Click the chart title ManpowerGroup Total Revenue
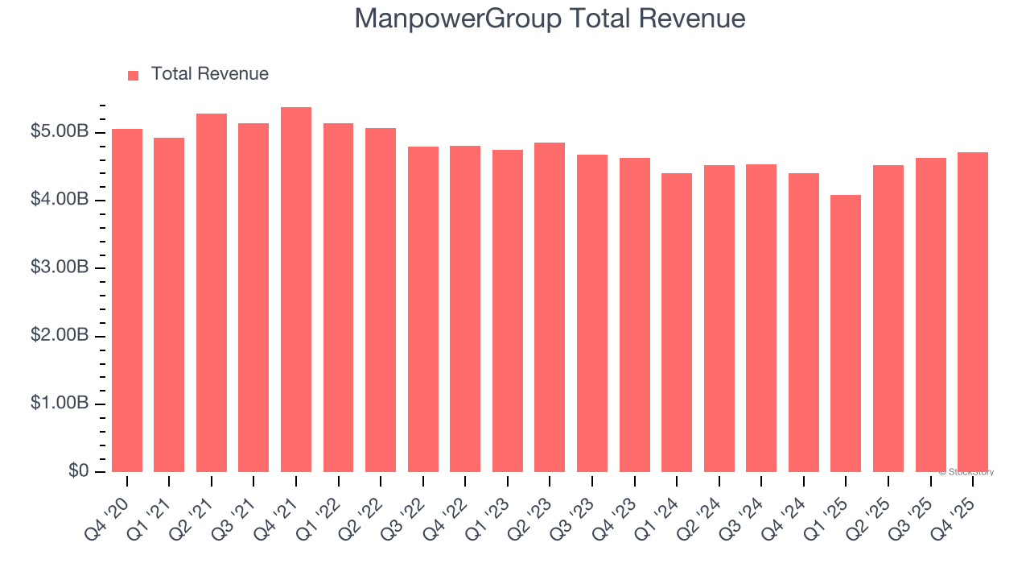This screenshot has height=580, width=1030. point(550,19)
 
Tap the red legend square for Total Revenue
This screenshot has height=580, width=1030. point(134,75)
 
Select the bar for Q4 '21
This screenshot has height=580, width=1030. point(296,290)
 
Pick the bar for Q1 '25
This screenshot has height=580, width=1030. point(846,333)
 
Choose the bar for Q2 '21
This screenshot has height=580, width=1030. point(212,293)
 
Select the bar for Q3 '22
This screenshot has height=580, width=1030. point(423,309)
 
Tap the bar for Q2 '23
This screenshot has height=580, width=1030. point(550,308)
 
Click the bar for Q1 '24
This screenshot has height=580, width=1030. point(677,322)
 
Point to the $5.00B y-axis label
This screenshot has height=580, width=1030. point(60,132)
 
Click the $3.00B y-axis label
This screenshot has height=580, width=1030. point(60,267)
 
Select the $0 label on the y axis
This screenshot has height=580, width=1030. point(78,471)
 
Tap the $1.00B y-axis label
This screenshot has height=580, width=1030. point(60,404)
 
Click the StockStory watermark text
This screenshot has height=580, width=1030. point(966,472)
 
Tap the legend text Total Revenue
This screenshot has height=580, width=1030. point(210,74)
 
